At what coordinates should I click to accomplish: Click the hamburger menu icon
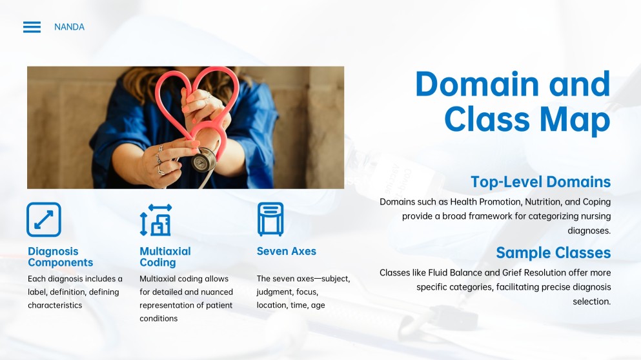(x=32, y=27)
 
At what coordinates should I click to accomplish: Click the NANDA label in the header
(x=69, y=27)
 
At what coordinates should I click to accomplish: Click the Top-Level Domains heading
(x=540, y=182)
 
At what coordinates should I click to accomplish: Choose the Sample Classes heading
(x=553, y=252)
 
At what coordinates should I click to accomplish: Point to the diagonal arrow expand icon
(x=44, y=219)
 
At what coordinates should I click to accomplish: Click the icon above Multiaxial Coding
(x=156, y=219)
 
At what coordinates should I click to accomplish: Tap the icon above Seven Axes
(x=270, y=219)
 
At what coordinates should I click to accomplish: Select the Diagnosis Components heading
(x=60, y=257)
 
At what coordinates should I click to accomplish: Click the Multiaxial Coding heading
(x=165, y=257)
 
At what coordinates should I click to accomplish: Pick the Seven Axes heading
(x=286, y=251)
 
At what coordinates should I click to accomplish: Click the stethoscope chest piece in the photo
(x=203, y=159)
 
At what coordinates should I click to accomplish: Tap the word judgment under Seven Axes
(x=275, y=292)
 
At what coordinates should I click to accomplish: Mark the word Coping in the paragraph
(x=596, y=202)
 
